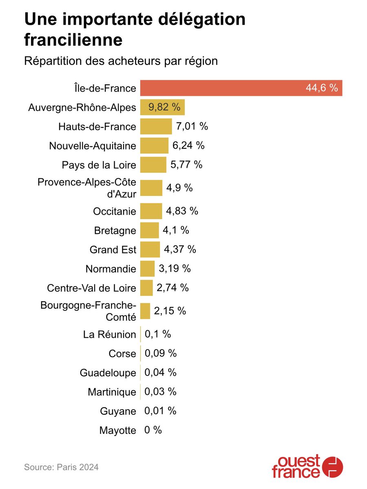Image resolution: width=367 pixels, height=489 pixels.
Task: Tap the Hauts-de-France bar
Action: (x=156, y=126)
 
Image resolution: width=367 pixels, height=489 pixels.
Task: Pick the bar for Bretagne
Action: (x=149, y=230)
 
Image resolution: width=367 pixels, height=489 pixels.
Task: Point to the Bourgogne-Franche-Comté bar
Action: (x=145, y=311)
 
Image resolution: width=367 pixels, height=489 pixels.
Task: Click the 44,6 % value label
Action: (x=322, y=88)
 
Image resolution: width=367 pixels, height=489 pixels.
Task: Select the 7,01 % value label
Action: (x=192, y=126)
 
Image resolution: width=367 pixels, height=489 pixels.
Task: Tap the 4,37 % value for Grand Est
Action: (x=180, y=249)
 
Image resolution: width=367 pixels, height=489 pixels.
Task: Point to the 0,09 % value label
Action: (x=161, y=353)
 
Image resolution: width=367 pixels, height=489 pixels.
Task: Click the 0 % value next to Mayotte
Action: (x=153, y=430)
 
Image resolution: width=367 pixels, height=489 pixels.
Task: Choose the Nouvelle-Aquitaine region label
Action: (x=93, y=146)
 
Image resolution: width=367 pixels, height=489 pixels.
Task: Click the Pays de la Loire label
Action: (x=99, y=165)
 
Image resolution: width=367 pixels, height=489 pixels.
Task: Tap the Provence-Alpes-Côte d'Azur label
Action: (x=87, y=188)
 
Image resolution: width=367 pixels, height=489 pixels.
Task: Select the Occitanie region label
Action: (x=114, y=211)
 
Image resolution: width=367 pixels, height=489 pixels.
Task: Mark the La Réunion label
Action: (x=109, y=335)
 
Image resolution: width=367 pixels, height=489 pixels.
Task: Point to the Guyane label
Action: (x=118, y=411)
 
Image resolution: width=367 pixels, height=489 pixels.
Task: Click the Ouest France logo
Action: (x=307, y=467)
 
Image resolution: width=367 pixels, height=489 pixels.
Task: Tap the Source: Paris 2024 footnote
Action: (x=61, y=467)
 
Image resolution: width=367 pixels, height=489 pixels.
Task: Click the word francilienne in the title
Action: (x=73, y=40)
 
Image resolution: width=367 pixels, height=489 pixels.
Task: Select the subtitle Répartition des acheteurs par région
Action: (x=121, y=61)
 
